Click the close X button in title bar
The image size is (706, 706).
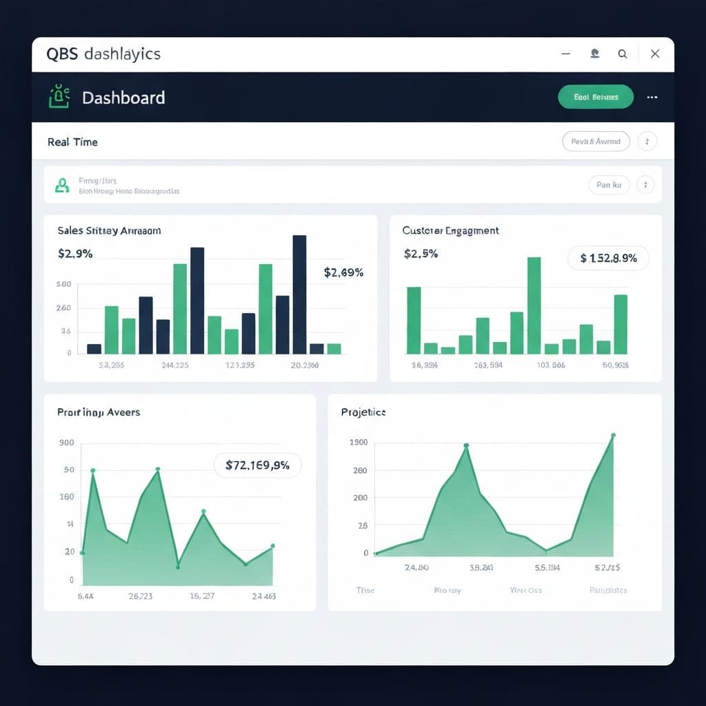pyautogui.click(x=655, y=54)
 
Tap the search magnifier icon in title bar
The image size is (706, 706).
pyautogui.click(x=623, y=54)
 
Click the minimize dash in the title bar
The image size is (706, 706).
pyautogui.click(x=566, y=54)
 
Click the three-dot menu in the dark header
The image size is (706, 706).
pyautogui.click(x=652, y=97)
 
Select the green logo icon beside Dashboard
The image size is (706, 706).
pyautogui.click(x=59, y=97)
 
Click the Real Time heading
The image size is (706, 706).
pyautogui.click(x=72, y=142)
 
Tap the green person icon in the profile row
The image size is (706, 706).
pyautogui.click(x=62, y=185)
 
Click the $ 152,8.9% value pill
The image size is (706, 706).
pyautogui.click(x=607, y=259)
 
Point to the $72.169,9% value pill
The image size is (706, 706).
pyautogui.click(x=257, y=465)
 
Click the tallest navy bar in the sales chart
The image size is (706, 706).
pyautogui.click(x=299, y=294)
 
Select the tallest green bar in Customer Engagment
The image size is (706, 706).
pyautogui.click(x=534, y=305)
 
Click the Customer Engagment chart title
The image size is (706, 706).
pyautogui.click(x=450, y=230)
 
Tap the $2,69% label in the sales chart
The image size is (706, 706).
pyautogui.click(x=343, y=272)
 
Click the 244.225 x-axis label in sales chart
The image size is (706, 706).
pyautogui.click(x=175, y=365)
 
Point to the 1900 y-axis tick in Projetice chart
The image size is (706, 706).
pyautogui.click(x=359, y=443)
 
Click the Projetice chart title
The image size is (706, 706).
pyautogui.click(x=363, y=412)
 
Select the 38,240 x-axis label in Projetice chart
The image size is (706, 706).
pyautogui.click(x=481, y=568)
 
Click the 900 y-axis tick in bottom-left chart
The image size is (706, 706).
pyautogui.click(x=67, y=443)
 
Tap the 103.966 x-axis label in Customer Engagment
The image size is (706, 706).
pyautogui.click(x=550, y=365)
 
